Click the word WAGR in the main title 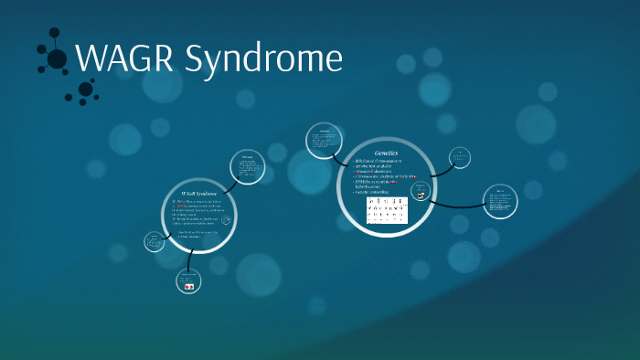(124, 59)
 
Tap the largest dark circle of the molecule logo (57, 59)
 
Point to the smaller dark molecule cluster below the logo (85, 90)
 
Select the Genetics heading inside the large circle (386, 152)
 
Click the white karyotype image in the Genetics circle (387, 212)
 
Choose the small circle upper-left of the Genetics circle (323, 140)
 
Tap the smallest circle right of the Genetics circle (461, 158)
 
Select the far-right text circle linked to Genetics (500, 202)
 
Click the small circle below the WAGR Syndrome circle (188, 282)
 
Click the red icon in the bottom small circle (189, 287)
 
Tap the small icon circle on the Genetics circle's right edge (421, 193)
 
